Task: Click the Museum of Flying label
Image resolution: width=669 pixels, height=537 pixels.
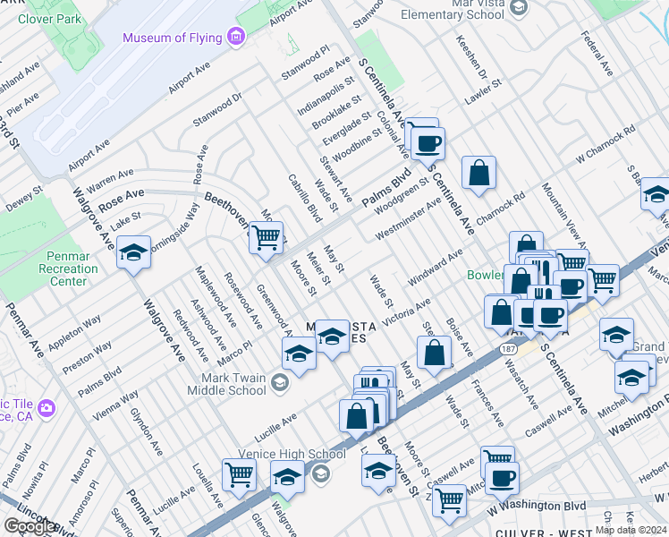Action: click(x=174, y=38)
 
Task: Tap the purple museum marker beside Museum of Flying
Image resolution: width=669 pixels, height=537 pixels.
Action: click(x=236, y=38)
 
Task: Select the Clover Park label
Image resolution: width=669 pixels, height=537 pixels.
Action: click(x=50, y=18)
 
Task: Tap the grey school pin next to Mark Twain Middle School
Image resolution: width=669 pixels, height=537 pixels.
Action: click(x=280, y=384)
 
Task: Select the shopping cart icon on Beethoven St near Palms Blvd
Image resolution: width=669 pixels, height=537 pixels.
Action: click(x=266, y=238)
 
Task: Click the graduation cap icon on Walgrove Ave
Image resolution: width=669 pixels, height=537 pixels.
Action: click(x=133, y=253)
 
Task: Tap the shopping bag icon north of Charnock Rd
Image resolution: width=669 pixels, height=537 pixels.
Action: click(x=479, y=173)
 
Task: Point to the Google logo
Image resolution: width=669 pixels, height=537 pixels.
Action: click(x=30, y=527)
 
